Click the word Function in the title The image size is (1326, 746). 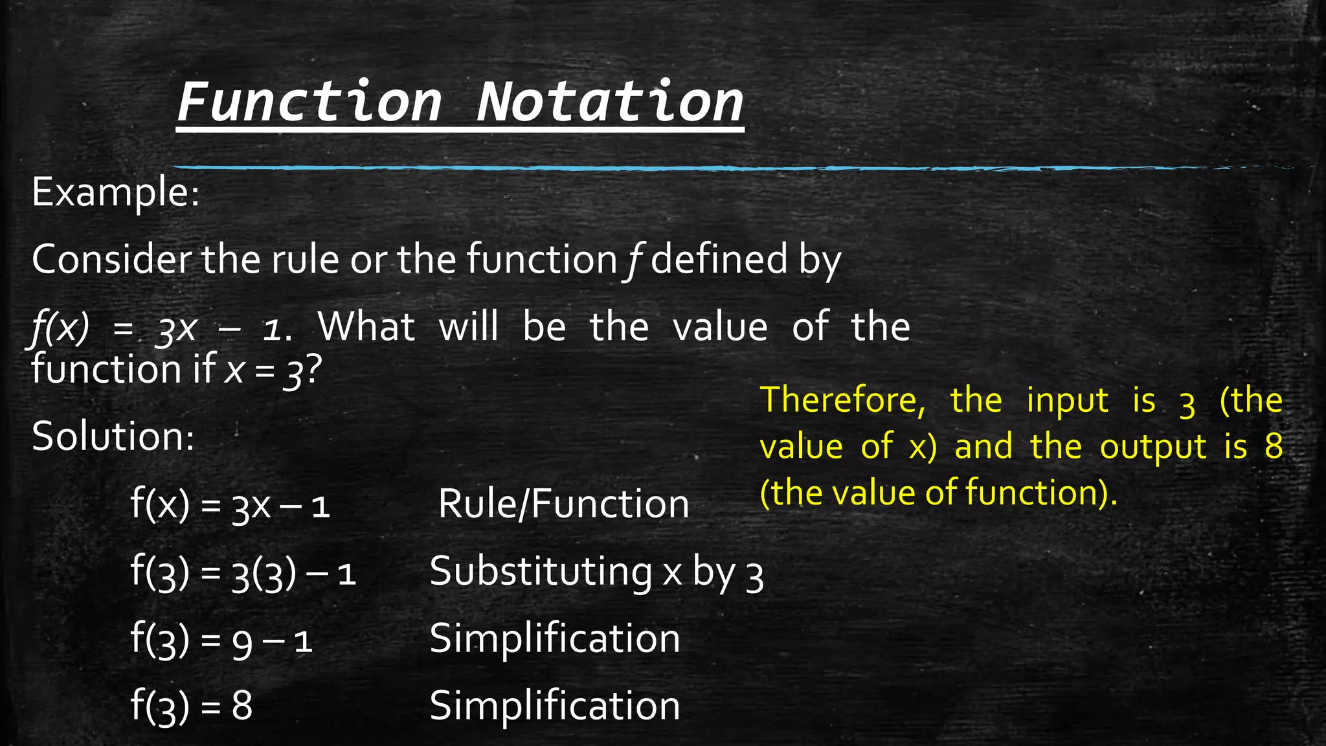(x=310, y=102)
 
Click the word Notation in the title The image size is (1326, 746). (x=610, y=102)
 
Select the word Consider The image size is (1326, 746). (x=111, y=259)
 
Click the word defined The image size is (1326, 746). (x=719, y=259)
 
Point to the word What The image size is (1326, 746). (x=366, y=326)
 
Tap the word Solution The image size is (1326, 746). (x=113, y=436)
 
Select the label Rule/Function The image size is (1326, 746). (x=563, y=504)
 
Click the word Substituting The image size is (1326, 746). (x=541, y=572)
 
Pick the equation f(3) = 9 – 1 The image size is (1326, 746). (x=222, y=640)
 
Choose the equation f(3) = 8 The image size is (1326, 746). (x=192, y=706)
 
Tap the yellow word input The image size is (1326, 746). (x=1067, y=401)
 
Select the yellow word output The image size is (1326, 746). (x=1153, y=447)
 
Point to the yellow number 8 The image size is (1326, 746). (x=1274, y=446)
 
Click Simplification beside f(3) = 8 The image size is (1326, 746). (x=555, y=706)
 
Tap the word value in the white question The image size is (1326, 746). (x=720, y=326)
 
